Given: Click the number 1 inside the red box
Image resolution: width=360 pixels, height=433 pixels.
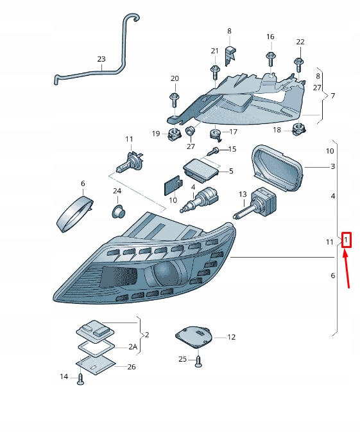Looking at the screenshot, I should tap(346, 241).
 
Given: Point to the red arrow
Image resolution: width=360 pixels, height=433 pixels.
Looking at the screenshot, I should tap(347, 270).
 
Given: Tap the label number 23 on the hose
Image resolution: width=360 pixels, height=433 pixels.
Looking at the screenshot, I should tap(101, 60).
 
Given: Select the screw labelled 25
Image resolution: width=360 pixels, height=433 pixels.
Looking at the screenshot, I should tap(198, 360).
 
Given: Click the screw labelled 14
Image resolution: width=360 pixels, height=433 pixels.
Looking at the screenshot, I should tap(80, 379).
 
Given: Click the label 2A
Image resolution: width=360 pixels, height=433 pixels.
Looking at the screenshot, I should tap(133, 347).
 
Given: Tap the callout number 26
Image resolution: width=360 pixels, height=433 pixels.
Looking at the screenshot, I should tap(132, 367).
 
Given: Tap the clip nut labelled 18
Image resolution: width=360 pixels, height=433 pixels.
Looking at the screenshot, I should tap(298, 130).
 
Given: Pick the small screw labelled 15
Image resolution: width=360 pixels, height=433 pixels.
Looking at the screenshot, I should tap(216, 150).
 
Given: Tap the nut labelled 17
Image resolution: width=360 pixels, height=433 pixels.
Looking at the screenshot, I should tap(216, 134).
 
